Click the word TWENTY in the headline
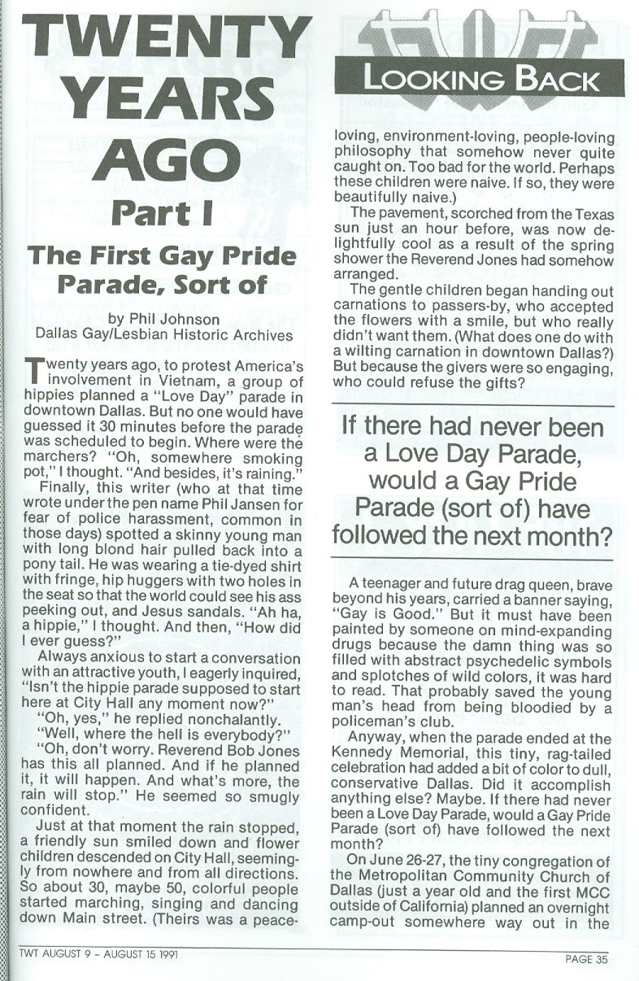pyautogui.click(x=159, y=41)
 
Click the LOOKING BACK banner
pyautogui.click(x=481, y=80)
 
